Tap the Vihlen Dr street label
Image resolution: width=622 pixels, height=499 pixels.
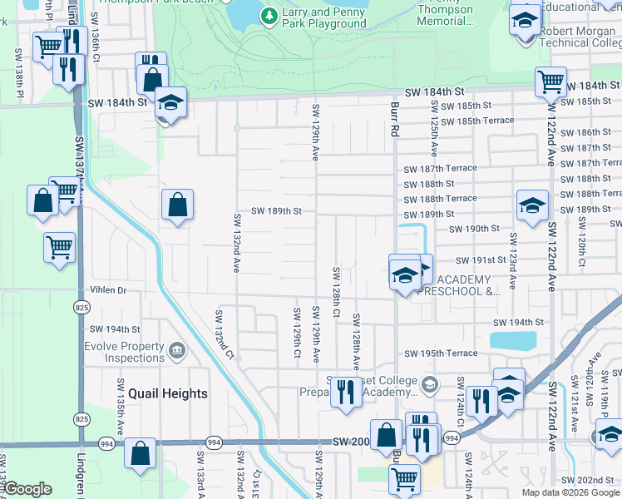[x=109, y=290]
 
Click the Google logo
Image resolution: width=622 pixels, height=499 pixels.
[x=27, y=489]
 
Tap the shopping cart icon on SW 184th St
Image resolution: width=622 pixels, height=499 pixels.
[x=551, y=82]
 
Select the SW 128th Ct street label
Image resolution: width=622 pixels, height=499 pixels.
[x=336, y=291]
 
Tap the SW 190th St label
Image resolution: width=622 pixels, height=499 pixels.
[x=473, y=229]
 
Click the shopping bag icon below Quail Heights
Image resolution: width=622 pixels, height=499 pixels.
[x=141, y=454]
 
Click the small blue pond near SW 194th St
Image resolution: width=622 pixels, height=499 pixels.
[x=513, y=340]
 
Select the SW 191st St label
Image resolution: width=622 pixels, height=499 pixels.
[x=480, y=260]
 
